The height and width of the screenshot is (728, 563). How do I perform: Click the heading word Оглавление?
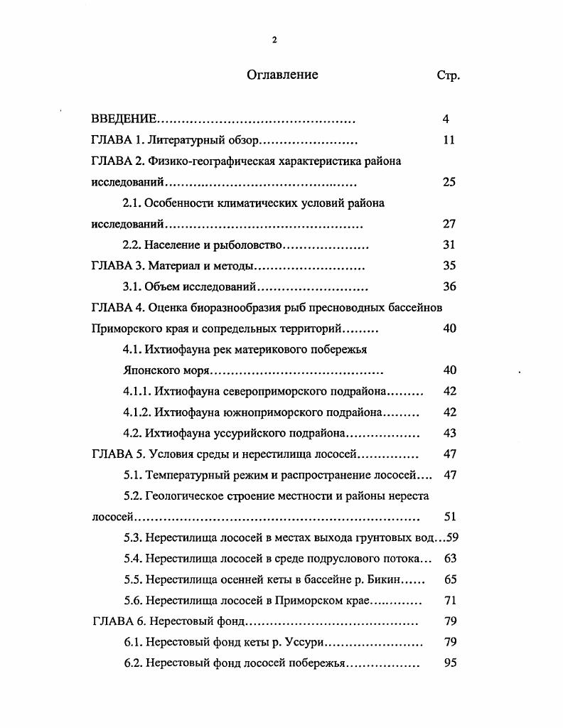pyautogui.click(x=282, y=75)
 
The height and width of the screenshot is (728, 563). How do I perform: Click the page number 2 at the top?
pyautogui.click(x=274, y=40)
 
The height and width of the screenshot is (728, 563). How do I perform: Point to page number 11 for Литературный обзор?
pyautogui.click(x=448, y=140)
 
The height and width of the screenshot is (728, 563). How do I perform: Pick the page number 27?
pyautogui.click(x=449, y=224)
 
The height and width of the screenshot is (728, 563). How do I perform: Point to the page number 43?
pyautogui.click(x=449, y=433)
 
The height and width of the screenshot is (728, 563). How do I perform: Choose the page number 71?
pyautogui.click(x=449, y=601)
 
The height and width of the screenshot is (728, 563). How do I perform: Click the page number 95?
pyautogui.click(x=449, y=663)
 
